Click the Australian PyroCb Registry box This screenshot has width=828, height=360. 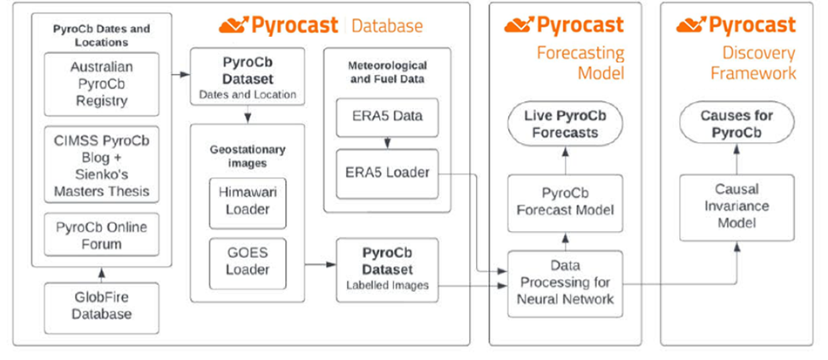click(x=101, y=84)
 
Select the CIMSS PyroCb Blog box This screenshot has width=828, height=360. click(x=101, y=164)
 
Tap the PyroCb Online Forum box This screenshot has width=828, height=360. click(x=101, y=234)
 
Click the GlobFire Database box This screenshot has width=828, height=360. click(x=101, y=308)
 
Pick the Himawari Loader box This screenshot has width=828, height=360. click(x=248, y=203)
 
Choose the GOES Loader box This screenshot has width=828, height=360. click(x=248, y=263)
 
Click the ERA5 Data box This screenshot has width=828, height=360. click(x=387, y=117)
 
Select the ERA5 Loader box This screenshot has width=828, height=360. click(x=387, y=173)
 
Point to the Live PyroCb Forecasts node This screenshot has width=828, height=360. click(x=565, y=124)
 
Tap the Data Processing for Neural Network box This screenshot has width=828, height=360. click(x=565, y=284)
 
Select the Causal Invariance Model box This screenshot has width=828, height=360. click(x=736, y=207)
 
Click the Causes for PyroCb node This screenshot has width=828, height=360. click(x=736, y=124)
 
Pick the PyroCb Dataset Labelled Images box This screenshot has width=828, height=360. click(x=387, y=270)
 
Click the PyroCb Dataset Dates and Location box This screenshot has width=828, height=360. click(x=248, y=76)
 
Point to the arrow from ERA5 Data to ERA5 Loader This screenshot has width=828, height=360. click(x=388, y=143)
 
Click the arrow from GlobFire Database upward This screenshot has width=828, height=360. click(x=102, y=275)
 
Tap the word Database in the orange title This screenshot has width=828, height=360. click(x=387, y=25)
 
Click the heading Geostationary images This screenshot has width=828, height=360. click(x=248, y=156)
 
